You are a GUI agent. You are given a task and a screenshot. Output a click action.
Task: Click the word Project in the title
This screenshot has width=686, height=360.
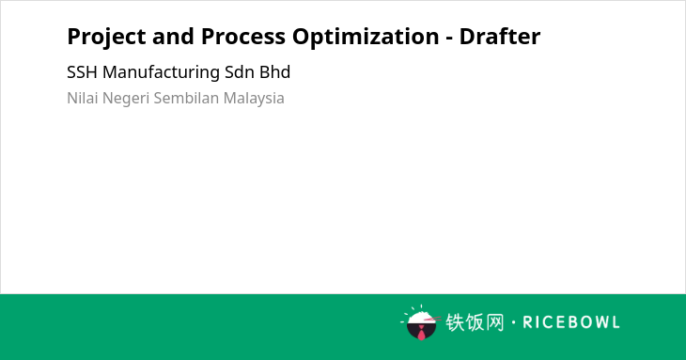coord(106,37)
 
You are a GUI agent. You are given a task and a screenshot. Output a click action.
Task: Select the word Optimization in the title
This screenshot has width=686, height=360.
coord(366,37)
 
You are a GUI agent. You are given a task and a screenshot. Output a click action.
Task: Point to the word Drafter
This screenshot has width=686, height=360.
coord(500,36)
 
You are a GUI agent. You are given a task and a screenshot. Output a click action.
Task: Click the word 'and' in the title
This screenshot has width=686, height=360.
coord(173,37)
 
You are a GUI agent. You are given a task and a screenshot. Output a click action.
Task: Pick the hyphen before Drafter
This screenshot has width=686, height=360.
coord(449,39)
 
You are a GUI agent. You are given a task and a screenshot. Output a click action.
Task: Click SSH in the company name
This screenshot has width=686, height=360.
coord(82,72)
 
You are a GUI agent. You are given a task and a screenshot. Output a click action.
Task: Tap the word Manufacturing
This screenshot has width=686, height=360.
coord(161,73)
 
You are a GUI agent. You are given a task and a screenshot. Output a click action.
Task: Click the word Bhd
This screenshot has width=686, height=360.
coord(274,72)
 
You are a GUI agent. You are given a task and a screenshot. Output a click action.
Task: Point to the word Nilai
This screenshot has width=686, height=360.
coord(83,98)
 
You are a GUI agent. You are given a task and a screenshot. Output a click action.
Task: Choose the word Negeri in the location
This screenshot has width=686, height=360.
coord(126,99)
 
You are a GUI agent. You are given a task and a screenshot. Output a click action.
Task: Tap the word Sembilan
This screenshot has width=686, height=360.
coord(186,98)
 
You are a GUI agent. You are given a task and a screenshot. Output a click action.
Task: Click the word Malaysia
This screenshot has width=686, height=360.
coord(254,99)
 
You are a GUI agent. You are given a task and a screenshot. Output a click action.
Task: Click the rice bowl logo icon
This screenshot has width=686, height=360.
coord(421,322)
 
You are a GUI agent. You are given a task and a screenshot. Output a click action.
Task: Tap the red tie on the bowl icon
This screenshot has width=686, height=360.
coord(421,333)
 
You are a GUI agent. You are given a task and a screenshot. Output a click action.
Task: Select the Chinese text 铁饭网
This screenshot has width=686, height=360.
coord(475,322)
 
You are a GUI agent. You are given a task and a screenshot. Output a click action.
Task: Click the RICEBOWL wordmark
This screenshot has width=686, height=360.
coord(571,322)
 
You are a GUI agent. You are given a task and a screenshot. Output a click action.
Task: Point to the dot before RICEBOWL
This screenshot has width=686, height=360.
coord(513,322)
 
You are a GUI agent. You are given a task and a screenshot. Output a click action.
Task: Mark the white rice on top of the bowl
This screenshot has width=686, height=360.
coord(420,317)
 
